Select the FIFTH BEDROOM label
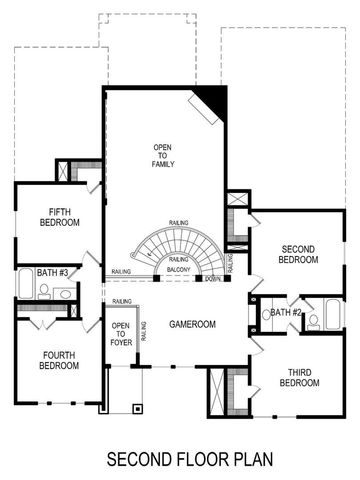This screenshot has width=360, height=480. coord(58,217)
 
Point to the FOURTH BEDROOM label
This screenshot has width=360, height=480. coord(59,360)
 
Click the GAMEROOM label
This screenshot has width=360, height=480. coord(193,325)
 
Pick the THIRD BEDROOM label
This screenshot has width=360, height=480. coord(299,377)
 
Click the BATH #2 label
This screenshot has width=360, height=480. coord(286,313)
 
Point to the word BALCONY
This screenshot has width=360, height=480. coord(180,269)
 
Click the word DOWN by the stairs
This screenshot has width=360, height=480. coord(213,279)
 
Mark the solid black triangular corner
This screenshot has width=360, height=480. coord(214,98)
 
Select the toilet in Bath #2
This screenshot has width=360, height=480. coord(313,321)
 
